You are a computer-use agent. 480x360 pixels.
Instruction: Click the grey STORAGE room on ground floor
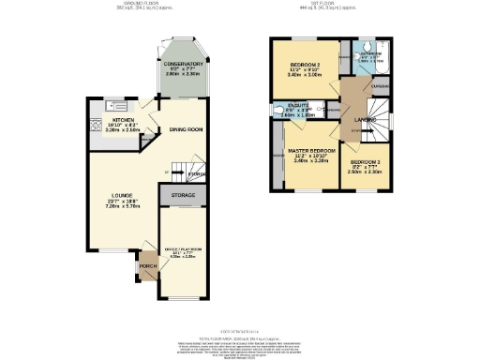pyautogui.click(x=183, y=195)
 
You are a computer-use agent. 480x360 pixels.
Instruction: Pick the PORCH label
pyautogui.click(x=148, y=265)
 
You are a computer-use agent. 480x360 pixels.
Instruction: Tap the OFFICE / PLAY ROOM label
pyautogui.click(x=183, y=248)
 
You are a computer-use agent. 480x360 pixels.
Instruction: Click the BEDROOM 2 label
pyautogui.click(x=306, y=64)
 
